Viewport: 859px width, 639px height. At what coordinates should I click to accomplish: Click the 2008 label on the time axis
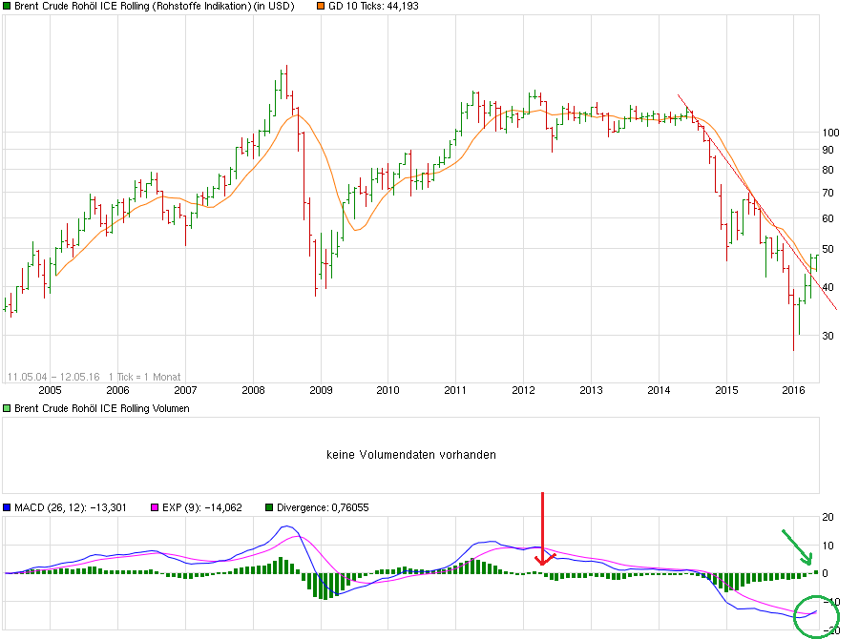(253, 390)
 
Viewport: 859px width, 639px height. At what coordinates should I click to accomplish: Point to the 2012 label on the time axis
(523, 390)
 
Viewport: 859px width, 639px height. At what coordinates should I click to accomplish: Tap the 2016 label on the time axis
(793, 390)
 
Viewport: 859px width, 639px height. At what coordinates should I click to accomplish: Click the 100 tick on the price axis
(830, 132)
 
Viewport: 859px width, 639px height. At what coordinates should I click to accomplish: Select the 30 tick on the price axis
(828, 336)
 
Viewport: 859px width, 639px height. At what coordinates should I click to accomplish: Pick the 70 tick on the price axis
(828, 193)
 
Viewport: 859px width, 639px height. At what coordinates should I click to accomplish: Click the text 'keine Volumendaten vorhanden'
(411, 455)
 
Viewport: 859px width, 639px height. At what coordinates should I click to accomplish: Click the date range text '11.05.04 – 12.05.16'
(52, 377)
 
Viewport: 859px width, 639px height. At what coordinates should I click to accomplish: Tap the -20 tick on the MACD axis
(831, 629)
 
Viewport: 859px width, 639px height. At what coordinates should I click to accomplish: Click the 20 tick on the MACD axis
(829, 516)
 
